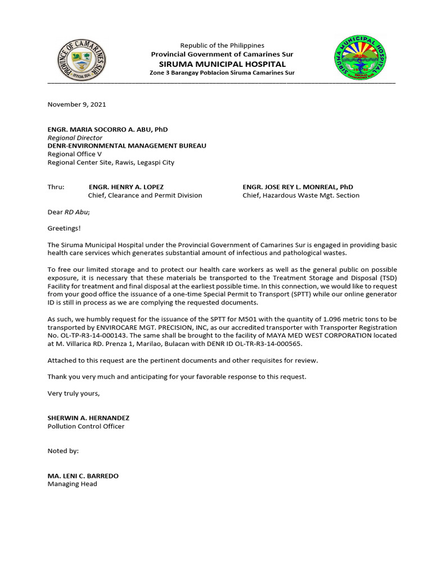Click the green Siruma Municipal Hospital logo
[360, 57]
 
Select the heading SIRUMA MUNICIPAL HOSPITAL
[222, 64]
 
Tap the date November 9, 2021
[76, 104]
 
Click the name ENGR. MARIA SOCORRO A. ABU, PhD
[107, 130]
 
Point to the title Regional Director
[75, 138]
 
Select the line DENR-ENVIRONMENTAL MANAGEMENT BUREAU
[127, 146]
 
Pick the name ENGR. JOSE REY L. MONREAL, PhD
[298, 187]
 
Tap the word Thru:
[56, 187]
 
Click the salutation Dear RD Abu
[69, 212]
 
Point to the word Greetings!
[64, 229]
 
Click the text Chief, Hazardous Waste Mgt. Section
[300, 195]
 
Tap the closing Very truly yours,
[73, 393]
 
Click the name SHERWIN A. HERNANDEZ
[88, 418]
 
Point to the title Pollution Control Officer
[86, 426]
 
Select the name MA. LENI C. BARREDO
[83, 476]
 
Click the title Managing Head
[72, 484]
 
